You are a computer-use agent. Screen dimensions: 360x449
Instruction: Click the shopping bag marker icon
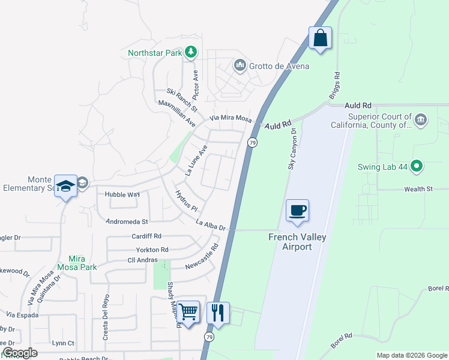321,38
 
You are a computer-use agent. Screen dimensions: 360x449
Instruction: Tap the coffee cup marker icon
297,211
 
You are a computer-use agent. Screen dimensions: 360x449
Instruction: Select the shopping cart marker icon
188,312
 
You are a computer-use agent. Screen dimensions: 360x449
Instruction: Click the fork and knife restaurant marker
217,312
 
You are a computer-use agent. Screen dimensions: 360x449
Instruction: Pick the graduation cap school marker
65,186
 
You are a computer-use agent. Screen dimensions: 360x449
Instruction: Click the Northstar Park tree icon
191,53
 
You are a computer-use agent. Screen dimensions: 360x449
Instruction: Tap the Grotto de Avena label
280,65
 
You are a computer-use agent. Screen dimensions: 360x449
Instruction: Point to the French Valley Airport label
297,242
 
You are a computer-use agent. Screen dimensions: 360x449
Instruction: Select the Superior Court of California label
371,121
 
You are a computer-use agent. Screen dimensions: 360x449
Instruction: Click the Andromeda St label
127,221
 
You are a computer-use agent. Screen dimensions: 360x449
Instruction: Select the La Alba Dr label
210,224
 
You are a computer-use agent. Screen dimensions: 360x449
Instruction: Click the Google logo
20,353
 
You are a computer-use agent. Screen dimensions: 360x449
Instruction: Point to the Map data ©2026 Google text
411,355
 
